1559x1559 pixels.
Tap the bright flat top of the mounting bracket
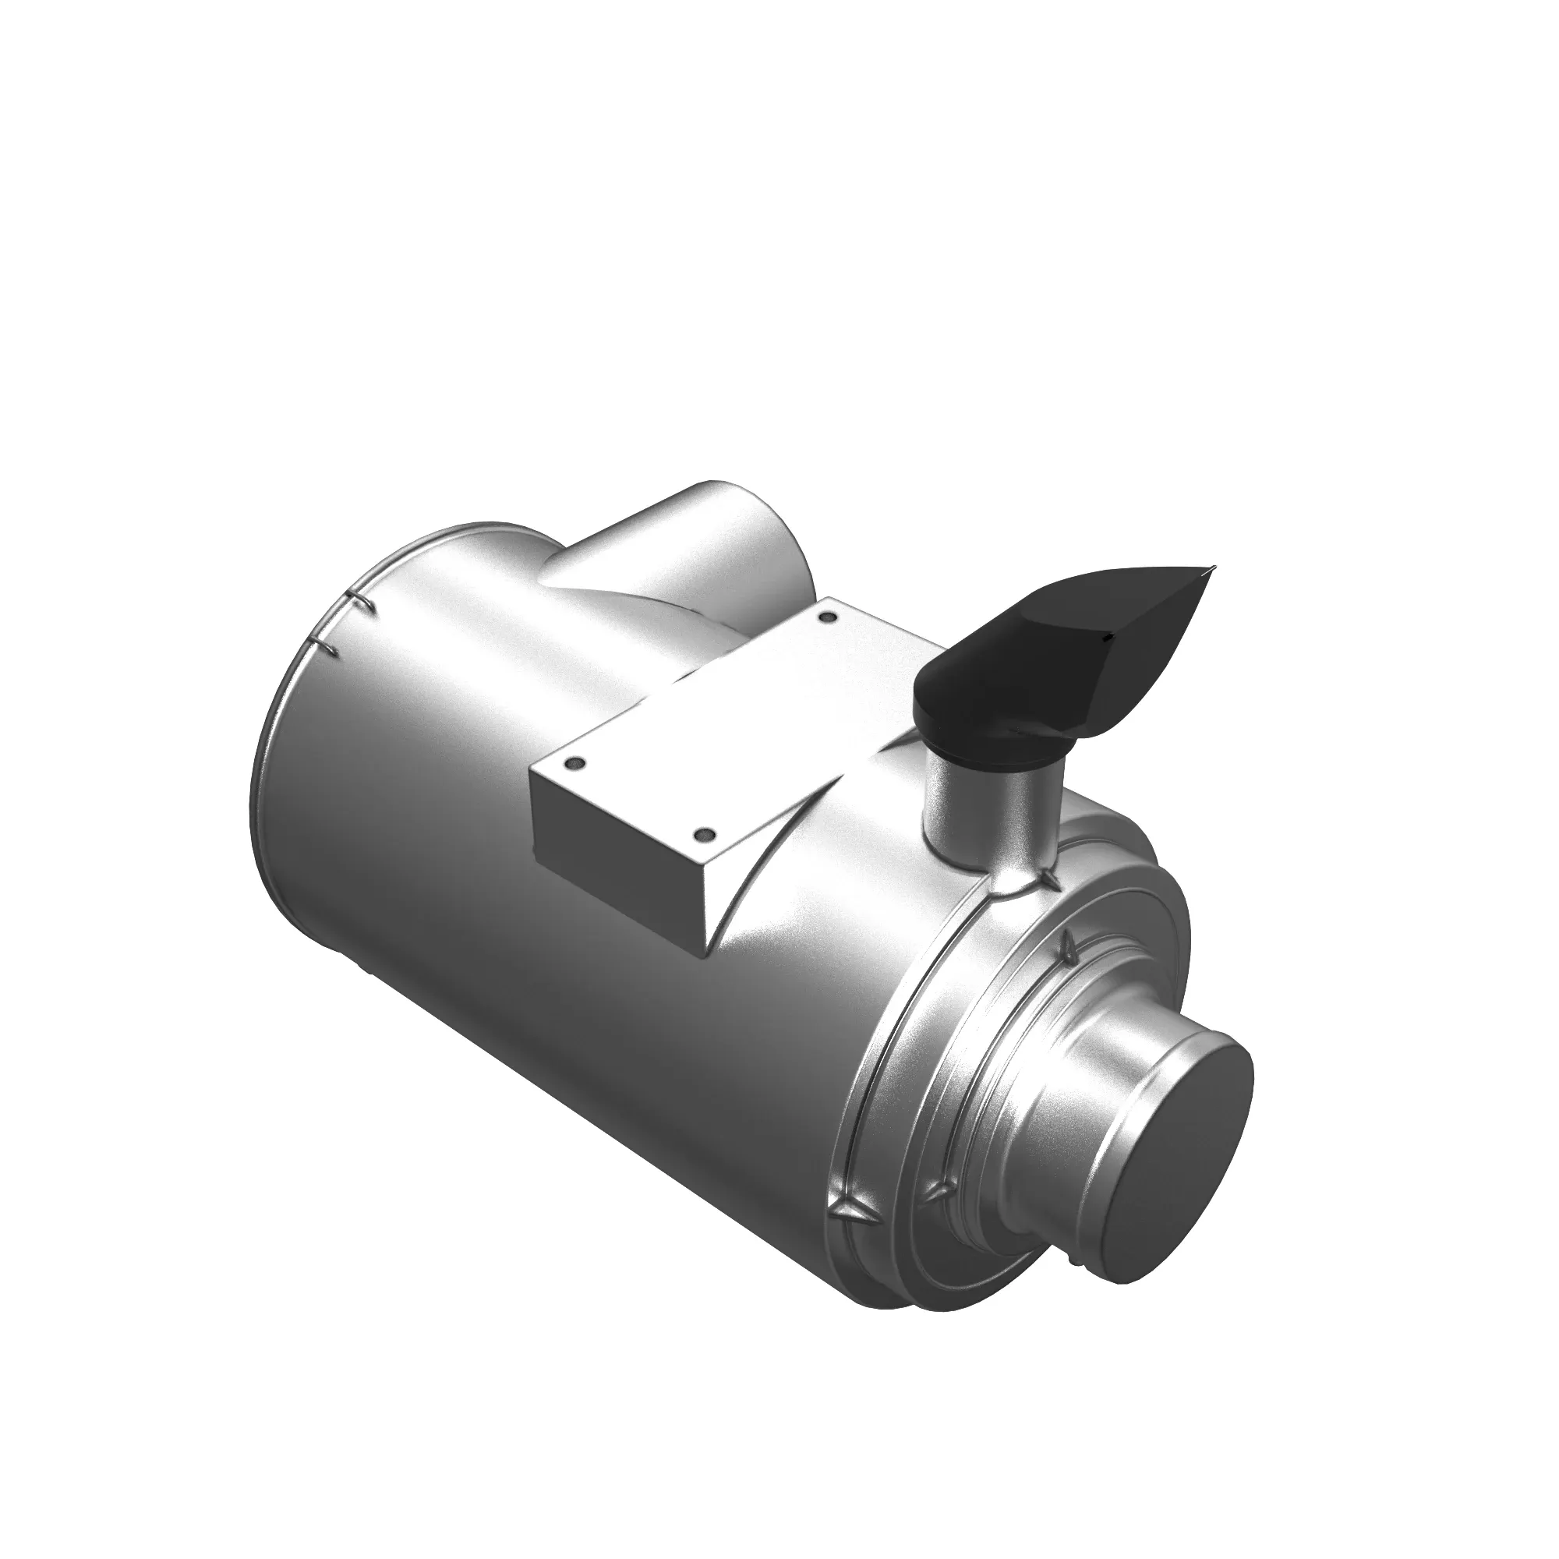[x=726, y=710]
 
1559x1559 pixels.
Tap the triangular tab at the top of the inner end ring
[x=1069, y=942]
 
